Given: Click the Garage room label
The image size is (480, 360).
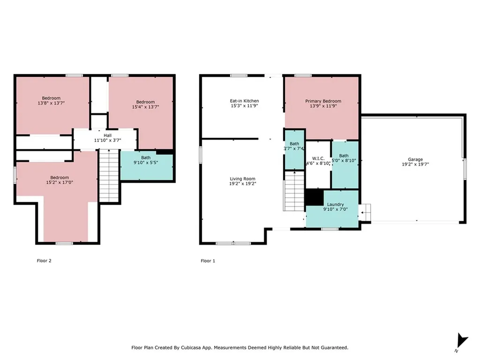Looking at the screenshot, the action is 415,159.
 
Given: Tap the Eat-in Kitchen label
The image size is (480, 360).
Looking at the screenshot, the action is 244,101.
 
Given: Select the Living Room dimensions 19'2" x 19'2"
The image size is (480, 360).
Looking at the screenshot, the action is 242,184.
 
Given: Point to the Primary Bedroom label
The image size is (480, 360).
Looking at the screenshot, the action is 323,101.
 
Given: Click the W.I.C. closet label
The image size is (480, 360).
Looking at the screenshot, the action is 318,158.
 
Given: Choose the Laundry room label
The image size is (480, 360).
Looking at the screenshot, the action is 335,204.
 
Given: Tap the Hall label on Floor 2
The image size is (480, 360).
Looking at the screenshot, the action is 107,135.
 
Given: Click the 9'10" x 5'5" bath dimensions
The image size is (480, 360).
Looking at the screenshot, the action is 146,163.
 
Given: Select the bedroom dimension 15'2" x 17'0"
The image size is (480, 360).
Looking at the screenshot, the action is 60,182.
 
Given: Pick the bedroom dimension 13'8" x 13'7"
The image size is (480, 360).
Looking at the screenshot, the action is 51,103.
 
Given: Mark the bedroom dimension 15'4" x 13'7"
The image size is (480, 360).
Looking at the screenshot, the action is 145,107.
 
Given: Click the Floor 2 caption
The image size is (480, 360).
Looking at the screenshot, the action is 44,261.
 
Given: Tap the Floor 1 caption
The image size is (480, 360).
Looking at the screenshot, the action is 208,261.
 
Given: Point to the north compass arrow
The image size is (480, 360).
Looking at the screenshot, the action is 461,340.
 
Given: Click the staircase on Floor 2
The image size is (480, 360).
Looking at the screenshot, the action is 109,176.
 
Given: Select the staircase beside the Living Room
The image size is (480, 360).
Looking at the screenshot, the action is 294,191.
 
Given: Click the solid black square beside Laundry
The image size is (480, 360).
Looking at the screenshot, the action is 314,197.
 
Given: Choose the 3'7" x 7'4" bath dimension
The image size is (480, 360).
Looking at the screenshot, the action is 293,149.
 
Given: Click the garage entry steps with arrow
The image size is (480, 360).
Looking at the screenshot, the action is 365,212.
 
